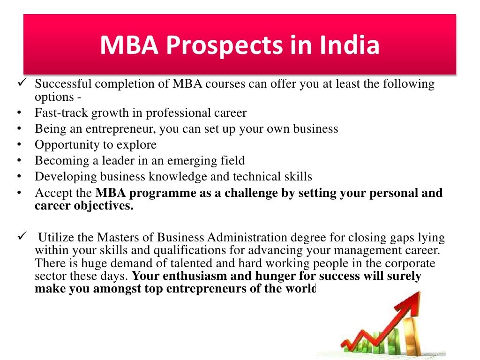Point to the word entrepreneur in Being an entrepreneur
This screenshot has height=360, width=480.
(x=118, y=129)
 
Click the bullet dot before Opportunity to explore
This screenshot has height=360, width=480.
(x=18, y=145)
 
